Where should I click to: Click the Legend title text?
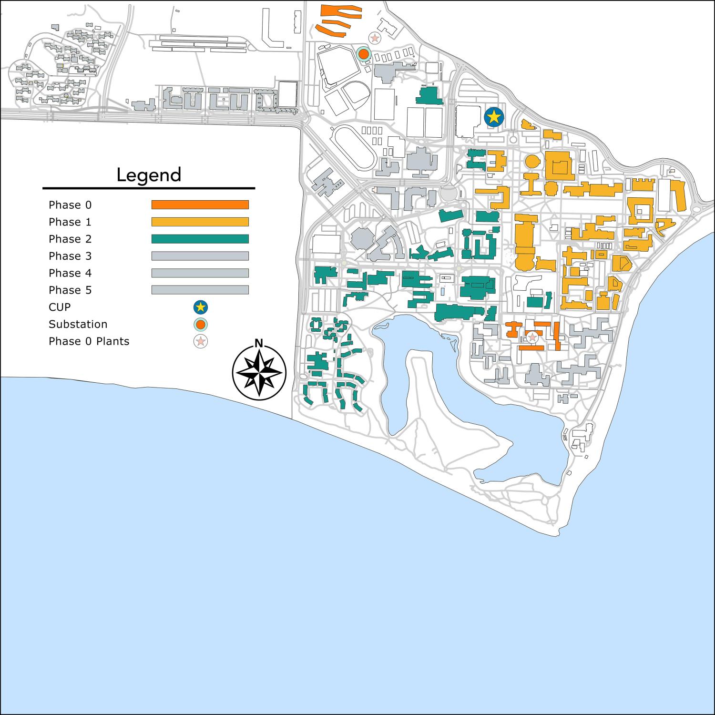click(149, 175)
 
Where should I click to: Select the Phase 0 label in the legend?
click(70, 205)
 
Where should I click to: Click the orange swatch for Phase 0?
click(200, 204)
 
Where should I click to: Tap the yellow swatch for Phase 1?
click(200, 222)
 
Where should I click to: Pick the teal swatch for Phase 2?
click(200, 239)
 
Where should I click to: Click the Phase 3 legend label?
click(70, 256)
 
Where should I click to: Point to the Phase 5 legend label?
click(70, 290)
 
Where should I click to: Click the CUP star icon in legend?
click(201, 307)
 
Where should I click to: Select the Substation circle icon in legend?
click(201, 325)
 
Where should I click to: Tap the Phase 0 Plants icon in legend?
click(201, 341)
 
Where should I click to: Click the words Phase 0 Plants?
click(89, 341)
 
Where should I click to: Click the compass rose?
click(259, 372)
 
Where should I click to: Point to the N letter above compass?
click(259, 343)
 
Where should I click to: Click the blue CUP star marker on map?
click(494, 116)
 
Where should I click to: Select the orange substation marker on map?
click(363, 54)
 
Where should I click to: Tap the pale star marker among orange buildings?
click(532, 337)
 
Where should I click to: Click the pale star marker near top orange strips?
click(375, 37)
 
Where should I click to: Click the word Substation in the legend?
click(78, 324)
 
